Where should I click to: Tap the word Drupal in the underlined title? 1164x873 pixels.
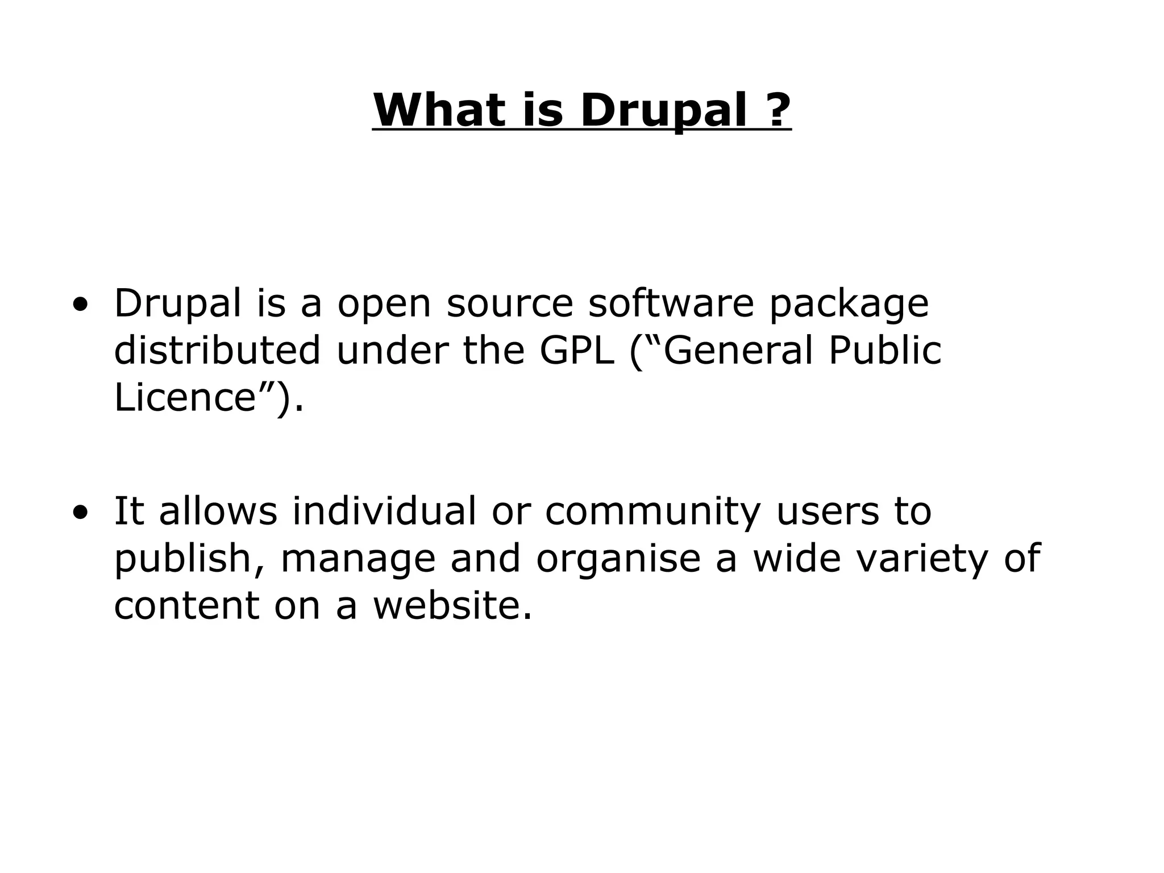tap(663, 111)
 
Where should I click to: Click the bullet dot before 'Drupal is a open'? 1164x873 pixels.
tap(80, 304)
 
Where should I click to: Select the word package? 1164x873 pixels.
tap(849, 305)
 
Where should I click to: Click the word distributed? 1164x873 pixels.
tap(218, 350)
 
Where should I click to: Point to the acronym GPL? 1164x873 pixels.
tap(577, 350)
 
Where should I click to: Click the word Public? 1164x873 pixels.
tap(885, 350)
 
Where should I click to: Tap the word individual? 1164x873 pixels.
tap(384, 510)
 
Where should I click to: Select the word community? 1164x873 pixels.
tap(652, 512)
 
